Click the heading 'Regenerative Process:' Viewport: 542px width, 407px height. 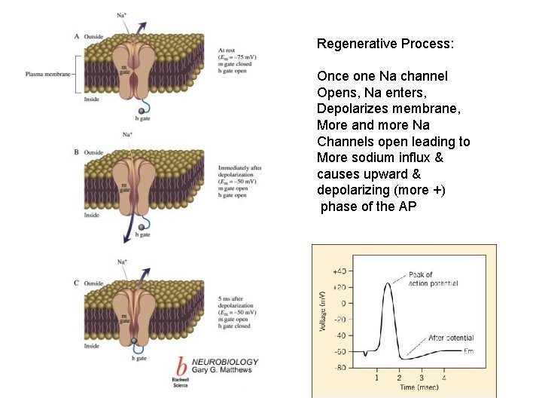click(x=385, y=44)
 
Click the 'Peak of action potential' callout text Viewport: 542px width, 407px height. click(x=433, y=279)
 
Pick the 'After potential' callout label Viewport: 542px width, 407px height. click(x=451, y=338)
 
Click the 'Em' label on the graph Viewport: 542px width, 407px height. click(x=468, y=352)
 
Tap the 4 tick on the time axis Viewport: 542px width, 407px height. click(x=443, y=378)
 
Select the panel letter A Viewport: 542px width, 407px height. click(x=77, y=36)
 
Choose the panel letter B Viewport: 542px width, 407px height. click(x=77, y=152)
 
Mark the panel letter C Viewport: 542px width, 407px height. click(x=77, y=283)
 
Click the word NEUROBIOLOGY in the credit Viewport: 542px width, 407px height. click(x=225, y=362)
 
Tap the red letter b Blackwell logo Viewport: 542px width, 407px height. click(x=181, y=364)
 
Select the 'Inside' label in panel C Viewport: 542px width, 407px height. click(x=92, y=347)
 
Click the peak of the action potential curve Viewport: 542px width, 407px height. click(x=388, y=283)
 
